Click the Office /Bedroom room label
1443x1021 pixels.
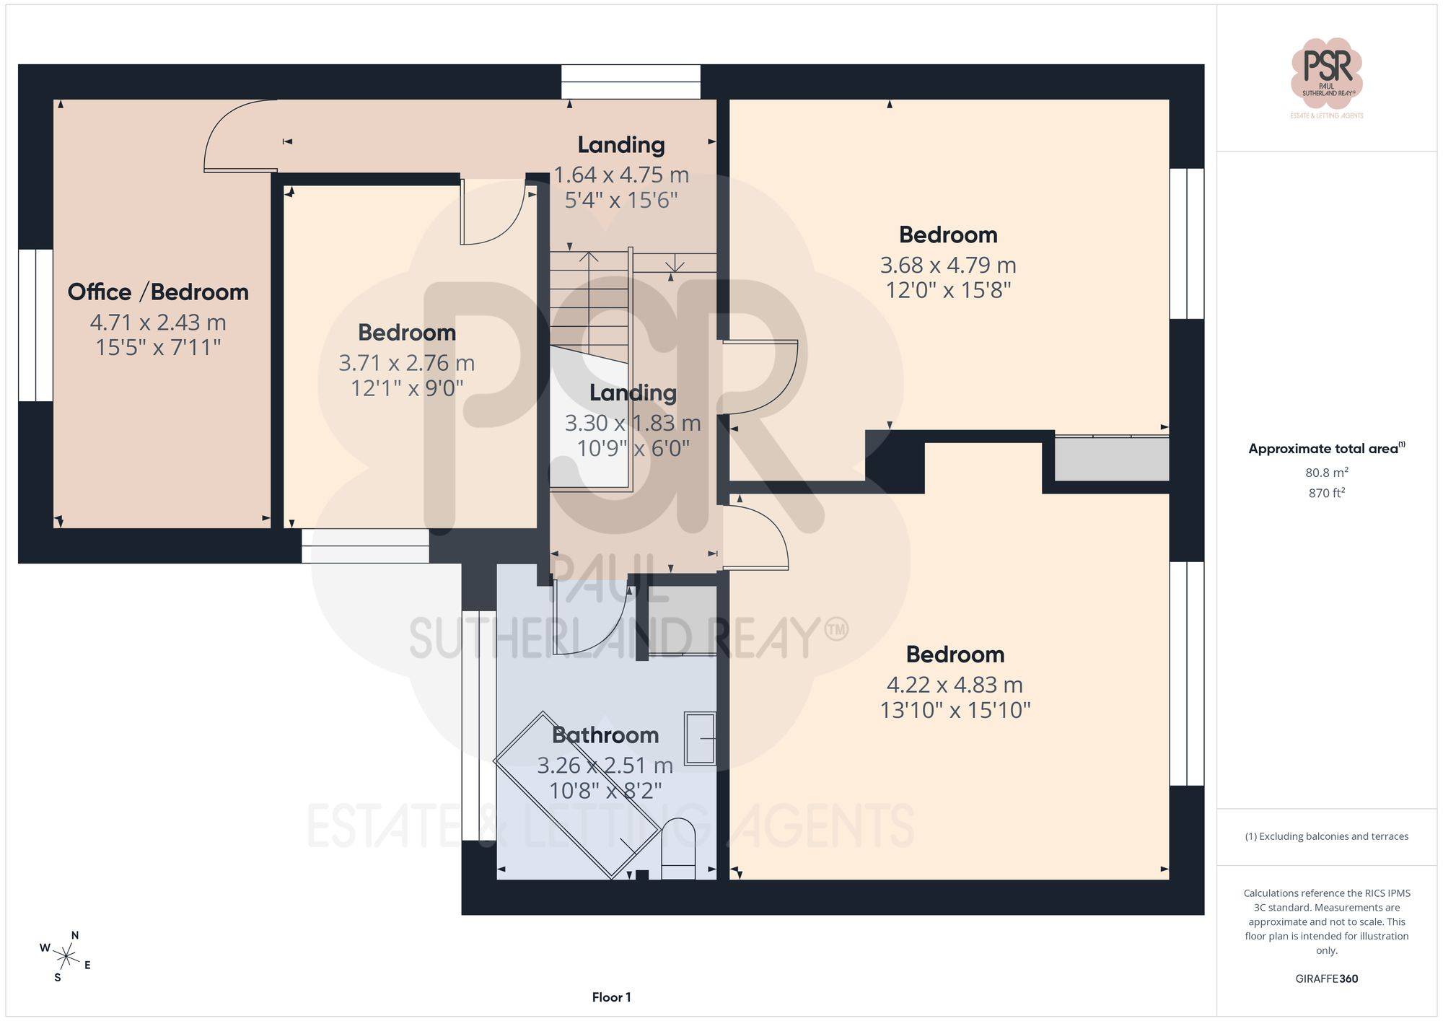[158, 292]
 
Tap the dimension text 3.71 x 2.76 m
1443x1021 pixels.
[407, 362]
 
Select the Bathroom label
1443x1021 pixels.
[605, 735]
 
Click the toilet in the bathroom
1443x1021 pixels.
[678, 849]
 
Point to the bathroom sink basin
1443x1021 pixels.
[700, 738]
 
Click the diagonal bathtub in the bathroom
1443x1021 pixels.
[577, 795]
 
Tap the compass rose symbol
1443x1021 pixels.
[66, 958]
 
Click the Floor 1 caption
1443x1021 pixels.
[611, 997]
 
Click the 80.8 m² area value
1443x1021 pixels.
[1327, 473]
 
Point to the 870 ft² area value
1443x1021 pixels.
[1327, 493]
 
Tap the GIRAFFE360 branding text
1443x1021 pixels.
[1327, 978]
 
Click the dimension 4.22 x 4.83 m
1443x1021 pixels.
[955, 684]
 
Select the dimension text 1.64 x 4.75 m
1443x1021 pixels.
[621, 175]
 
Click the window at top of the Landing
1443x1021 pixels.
[631, 82]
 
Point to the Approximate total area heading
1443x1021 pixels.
[1327, 448]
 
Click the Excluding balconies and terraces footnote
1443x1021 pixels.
[1327, 836]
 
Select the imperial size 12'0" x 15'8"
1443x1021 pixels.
[948, 290]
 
